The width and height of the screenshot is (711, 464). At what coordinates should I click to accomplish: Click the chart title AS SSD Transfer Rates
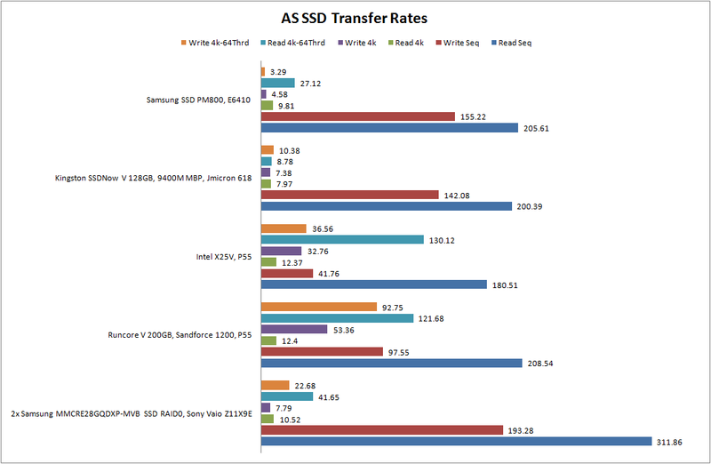[x=355, y=17]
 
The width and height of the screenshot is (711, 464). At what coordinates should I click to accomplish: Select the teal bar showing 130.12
[x=341, y=239]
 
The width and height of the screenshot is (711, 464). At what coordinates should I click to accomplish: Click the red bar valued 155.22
[x=355, y=116]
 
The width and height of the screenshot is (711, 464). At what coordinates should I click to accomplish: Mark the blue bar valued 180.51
[x=373, y=284]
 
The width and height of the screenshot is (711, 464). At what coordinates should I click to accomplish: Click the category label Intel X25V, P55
[x=224, y=257]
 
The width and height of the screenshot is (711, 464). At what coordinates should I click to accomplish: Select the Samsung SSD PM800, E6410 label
[x=197, y=100]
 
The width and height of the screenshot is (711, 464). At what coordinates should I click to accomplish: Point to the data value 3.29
[x=277, y=71]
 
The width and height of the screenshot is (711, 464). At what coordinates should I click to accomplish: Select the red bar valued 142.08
[x=349, y=195]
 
